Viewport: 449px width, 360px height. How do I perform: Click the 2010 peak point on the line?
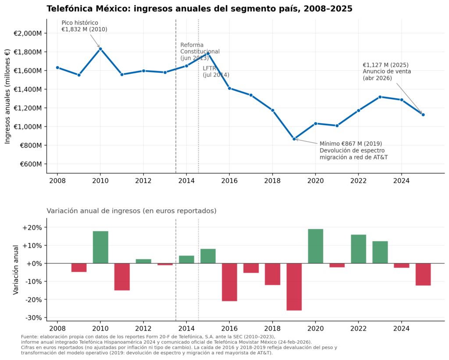[100, 49]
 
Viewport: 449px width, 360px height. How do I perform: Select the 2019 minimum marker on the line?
[294, 139]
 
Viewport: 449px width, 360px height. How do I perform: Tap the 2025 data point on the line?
[423, 114]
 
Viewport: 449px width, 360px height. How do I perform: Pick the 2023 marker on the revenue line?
[380, 97]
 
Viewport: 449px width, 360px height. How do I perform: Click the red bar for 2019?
[294, 287]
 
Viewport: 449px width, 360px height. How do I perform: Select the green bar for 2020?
[316, 246]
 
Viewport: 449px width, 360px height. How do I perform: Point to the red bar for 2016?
[229, 282]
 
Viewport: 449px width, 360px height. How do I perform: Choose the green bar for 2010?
[100, 247]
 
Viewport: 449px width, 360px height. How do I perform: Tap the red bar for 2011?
[122, 277]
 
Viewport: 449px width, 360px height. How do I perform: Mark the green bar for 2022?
[359, 249]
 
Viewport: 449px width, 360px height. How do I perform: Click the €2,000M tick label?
[28, 33]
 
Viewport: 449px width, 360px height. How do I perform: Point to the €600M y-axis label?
[31, 164]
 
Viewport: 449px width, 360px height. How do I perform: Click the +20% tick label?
[32, 228]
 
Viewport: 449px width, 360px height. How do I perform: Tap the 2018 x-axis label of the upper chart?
[272, 180]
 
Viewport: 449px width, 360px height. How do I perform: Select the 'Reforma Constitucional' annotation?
[200, 51]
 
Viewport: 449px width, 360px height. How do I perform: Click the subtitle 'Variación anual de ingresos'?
[131, 211]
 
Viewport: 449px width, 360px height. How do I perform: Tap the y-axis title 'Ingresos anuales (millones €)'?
[8, 96]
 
